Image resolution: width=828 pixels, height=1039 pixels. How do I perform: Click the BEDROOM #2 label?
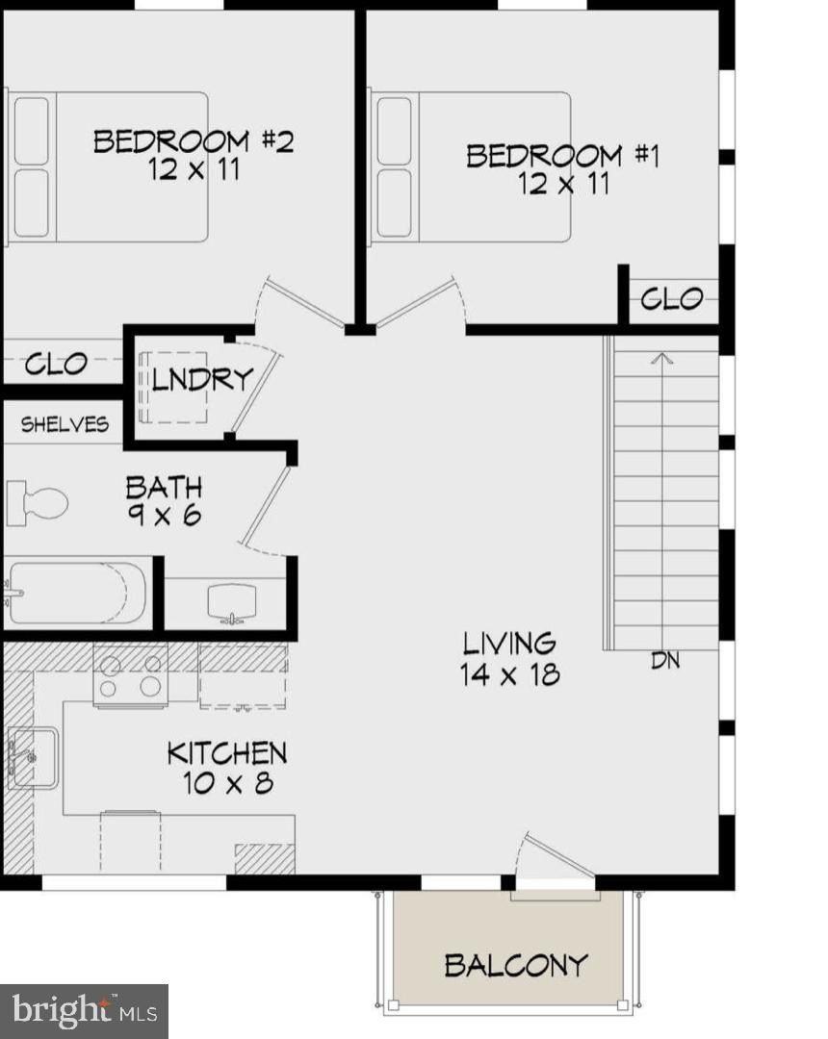click(193, 141)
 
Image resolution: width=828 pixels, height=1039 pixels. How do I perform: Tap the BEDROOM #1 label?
click(562, 155)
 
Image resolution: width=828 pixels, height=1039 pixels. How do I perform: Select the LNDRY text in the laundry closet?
click(201, 379)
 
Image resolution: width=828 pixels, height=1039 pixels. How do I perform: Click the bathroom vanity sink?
click(230, 602)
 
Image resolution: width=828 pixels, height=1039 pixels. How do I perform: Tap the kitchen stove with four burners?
click(130, 675)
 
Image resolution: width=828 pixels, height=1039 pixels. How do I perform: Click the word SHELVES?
click(65, 424)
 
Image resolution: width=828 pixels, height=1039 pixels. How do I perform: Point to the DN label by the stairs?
click(665, 662)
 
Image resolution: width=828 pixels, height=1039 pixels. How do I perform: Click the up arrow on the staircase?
click(661, 360)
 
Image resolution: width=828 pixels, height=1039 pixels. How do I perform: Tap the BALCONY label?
click(515, 964)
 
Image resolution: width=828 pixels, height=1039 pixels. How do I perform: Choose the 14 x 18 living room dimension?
click(509, 673)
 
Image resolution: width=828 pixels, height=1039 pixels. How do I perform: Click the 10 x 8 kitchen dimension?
click(227, 783)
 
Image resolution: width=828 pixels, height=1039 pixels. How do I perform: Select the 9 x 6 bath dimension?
click(164, 515)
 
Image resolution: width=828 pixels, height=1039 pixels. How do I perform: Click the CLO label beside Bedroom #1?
click(671, 299)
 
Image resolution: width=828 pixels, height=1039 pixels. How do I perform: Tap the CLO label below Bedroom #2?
click(56, 365)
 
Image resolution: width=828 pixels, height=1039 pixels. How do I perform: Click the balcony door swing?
click(551, 859)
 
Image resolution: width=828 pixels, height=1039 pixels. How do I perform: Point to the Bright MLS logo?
click(84, 1011)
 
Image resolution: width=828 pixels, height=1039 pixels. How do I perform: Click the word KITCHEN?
click(227, 752)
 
